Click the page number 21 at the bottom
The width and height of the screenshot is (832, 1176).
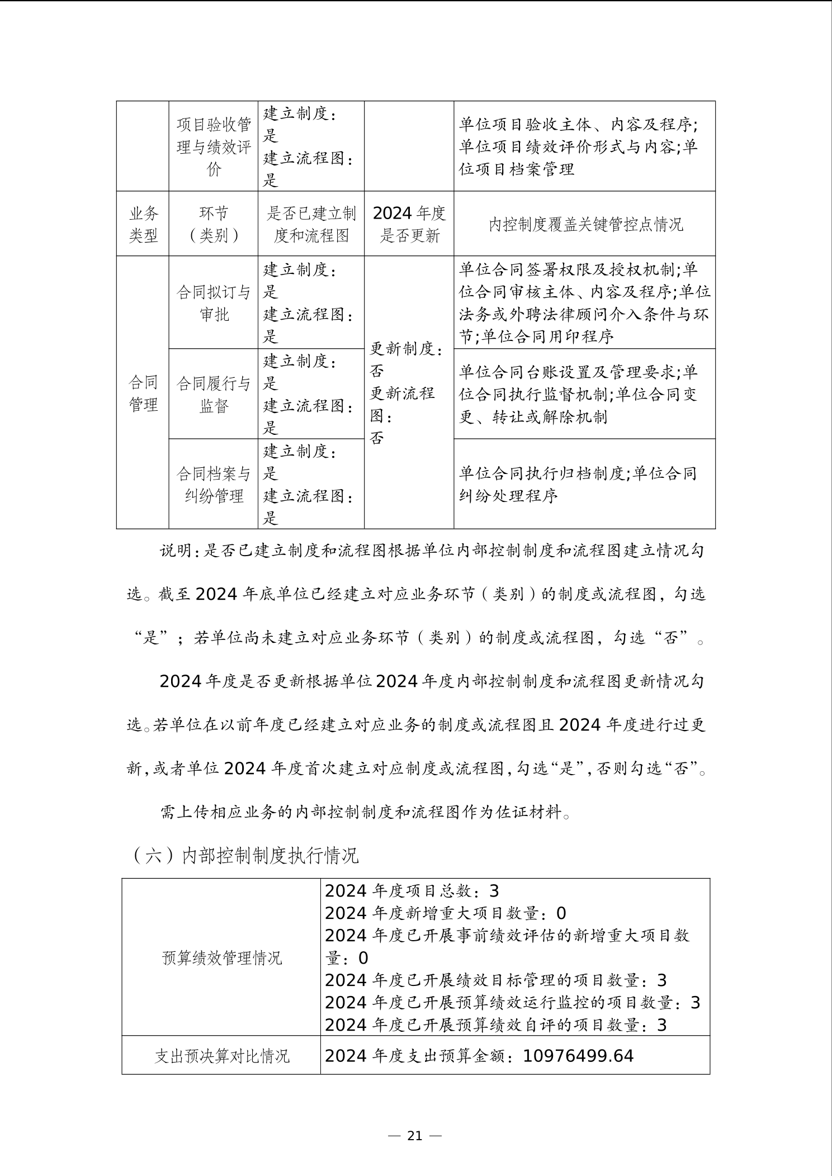pos(415,1135)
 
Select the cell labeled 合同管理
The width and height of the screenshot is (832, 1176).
pos(143,393)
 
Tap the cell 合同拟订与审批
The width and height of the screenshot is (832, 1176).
pos(214,303)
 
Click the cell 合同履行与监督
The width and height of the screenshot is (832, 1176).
pos(214,395)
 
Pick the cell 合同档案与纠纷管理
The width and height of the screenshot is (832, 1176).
pos(214,485)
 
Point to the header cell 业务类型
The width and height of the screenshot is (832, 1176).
pos(143,224)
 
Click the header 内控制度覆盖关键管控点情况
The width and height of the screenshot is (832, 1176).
pos(585,225)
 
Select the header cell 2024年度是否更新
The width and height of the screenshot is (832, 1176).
pos(409,224)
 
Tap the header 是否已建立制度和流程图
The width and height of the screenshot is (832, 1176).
pos(311,224)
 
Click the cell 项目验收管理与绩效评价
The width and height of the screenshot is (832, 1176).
pos(214,146)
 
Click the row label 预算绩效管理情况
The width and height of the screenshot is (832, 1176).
pos(221,958)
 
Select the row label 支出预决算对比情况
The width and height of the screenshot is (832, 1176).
pos(221,1056)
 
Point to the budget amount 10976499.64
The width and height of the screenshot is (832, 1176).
pos(578,1056)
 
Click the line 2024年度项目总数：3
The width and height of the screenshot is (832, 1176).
pos(412,891)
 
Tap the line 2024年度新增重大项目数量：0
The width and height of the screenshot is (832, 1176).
pos(445,913)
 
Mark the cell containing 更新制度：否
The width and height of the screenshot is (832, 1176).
pos(406,359)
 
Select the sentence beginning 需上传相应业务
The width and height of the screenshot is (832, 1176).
pos(366,812)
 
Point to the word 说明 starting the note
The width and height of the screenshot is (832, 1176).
pos(176,551)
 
